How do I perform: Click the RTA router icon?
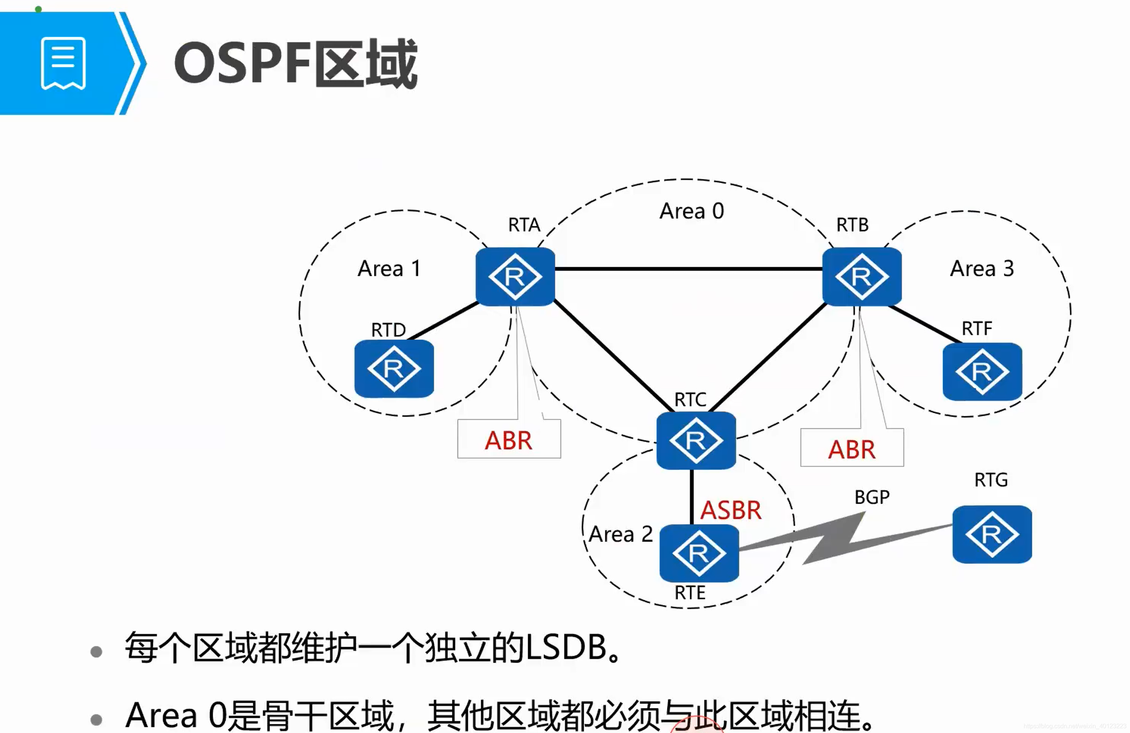point(515,277)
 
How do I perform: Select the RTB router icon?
point(862,277)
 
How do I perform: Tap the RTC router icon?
point(696,440)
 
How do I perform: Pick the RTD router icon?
point(394,369)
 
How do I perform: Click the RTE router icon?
point(699,554)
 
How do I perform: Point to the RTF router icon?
point(982,372)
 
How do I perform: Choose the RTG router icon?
point(992,535)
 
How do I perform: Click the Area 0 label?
point(692,211)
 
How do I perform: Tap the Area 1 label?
point(389,269)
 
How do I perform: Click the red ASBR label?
point(731,510)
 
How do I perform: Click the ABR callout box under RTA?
point(508,440)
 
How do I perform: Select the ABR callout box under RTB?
point(852,449)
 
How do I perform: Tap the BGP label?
point(872,497)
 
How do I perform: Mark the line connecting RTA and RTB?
point(689,269)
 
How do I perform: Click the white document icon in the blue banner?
point(63,63)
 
